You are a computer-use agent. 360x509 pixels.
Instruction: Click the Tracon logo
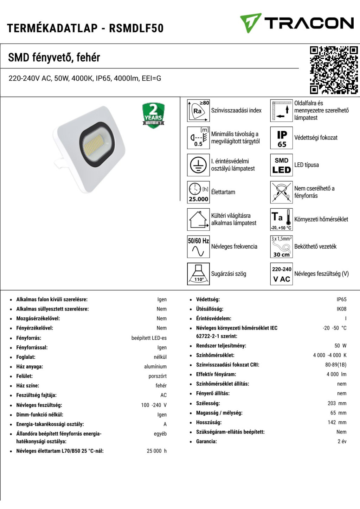tap(297, 23)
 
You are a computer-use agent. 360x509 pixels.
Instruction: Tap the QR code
tap(334, 70)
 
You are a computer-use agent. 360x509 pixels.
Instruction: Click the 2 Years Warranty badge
tap(153, 115)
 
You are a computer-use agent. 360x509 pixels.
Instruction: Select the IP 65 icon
tap(282, 138)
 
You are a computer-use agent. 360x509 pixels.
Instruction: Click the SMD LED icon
tap(282, 165)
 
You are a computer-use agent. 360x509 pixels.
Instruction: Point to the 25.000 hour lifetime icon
tap(198, 192)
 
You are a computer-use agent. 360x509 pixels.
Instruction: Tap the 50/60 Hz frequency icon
tap(198, 247)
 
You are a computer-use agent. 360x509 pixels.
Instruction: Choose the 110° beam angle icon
tap(198, 274)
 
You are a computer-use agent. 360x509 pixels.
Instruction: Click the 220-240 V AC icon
tap(282, 274)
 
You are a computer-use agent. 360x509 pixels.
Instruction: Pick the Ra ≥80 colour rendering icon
tap(198, 111)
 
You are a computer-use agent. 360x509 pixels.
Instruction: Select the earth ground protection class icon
tap(198, 165)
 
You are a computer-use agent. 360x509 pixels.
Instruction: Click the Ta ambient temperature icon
tap(282, 220)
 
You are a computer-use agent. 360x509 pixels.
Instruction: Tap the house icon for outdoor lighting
tap(198, 220)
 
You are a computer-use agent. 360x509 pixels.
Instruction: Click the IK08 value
tap(341, 309)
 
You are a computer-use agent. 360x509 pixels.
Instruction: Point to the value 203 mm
tap(337, 403)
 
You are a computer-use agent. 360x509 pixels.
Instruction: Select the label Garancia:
tap(206, 442)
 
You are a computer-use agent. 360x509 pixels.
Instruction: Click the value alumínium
tap(155, 367)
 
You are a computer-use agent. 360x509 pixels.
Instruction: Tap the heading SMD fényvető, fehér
tap(54, 57)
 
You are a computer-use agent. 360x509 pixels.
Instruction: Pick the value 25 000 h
tap(156, 451)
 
